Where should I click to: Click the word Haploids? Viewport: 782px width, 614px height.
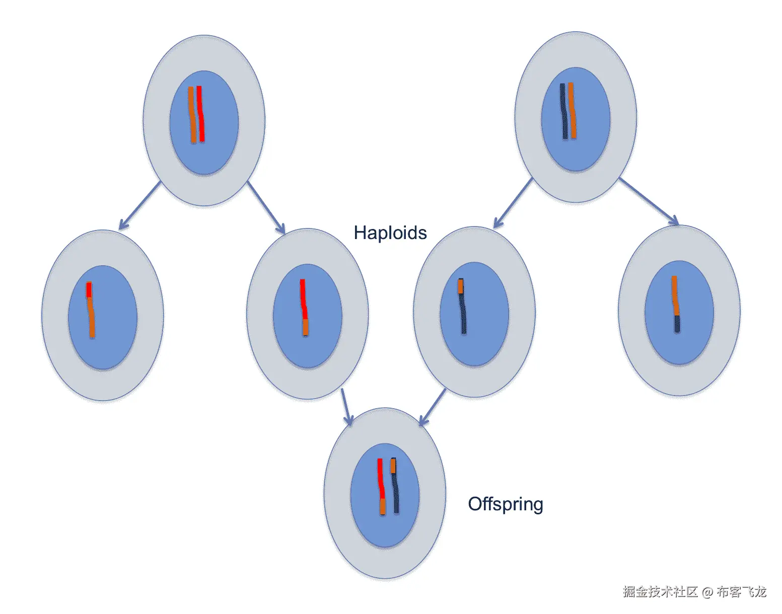click(x=390, y=233)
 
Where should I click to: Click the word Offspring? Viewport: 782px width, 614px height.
click(x=506, y=504)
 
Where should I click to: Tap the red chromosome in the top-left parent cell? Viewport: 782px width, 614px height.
click(x=200, y=114)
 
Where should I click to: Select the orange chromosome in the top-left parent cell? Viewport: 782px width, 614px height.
click(x=192, y=115)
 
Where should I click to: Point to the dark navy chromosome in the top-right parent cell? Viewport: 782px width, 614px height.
click(x=564, y=111)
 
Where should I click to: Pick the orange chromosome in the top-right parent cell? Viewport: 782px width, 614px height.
click(x=572, y=110)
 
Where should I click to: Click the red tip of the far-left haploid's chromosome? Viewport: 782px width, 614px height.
click(x=89, y=289)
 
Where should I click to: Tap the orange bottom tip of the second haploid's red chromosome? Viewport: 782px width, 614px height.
click(x=306, y=327)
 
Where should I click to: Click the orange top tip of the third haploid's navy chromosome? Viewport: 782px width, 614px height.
click(x=460, y=286)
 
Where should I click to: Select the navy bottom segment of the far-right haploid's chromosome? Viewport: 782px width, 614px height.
click(x=677, y=324)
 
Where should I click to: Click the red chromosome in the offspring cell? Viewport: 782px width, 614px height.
click(x=381, y=478)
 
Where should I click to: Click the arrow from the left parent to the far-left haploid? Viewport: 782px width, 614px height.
click(x=139, y=205)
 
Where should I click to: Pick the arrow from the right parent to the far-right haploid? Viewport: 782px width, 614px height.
click(x=649, y=201)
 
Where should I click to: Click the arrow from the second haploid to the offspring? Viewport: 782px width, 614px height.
click(x=345, y=406)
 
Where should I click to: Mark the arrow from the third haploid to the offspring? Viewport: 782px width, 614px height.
click(x=433, y=407)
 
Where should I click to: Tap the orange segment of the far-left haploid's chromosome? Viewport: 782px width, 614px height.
click(x=91, y=317)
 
